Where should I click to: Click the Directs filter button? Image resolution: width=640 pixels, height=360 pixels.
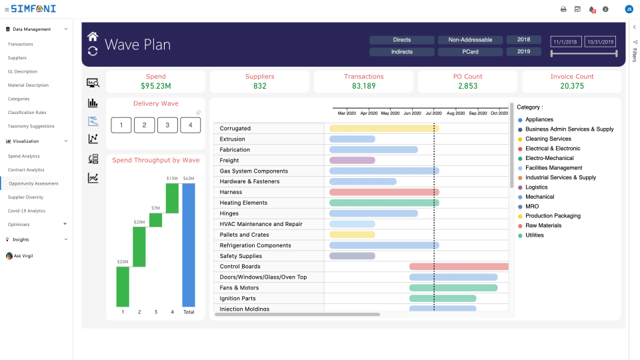coord(402,40)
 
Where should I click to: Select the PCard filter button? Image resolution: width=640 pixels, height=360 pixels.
coord(470,52)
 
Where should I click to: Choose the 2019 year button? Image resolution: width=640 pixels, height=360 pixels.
coord(523,52)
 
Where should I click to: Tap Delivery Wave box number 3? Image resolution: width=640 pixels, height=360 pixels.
coord(167,125)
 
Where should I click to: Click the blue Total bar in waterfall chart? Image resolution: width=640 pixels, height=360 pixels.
coord(189,245)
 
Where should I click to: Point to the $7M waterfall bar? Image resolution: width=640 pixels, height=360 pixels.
coord(156,220)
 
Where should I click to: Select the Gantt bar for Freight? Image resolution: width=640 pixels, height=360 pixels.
coord(352,160)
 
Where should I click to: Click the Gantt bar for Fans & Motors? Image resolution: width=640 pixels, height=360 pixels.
coord(453,288)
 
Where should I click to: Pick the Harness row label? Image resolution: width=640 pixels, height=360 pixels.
coord(231,192)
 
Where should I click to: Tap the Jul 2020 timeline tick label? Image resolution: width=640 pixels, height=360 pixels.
coord(434,113)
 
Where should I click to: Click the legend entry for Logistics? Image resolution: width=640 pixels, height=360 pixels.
coord(536,187)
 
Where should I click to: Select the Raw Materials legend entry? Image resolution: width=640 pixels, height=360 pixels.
coord(543,225)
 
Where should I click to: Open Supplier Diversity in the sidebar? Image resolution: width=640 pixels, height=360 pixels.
coord(25,197)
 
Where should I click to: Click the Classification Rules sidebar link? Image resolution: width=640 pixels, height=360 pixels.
coord(27,113)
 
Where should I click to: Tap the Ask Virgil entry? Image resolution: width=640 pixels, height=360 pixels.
coord(23,256)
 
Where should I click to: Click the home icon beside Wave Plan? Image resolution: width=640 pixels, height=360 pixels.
coord(93,36)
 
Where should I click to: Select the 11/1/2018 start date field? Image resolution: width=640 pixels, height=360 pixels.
coord(566,41)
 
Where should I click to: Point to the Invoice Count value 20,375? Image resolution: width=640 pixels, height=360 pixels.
coord(572,86)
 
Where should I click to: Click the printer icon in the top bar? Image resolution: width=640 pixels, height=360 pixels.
coord(563,9)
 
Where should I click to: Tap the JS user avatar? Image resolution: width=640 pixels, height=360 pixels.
coord(629,9)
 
